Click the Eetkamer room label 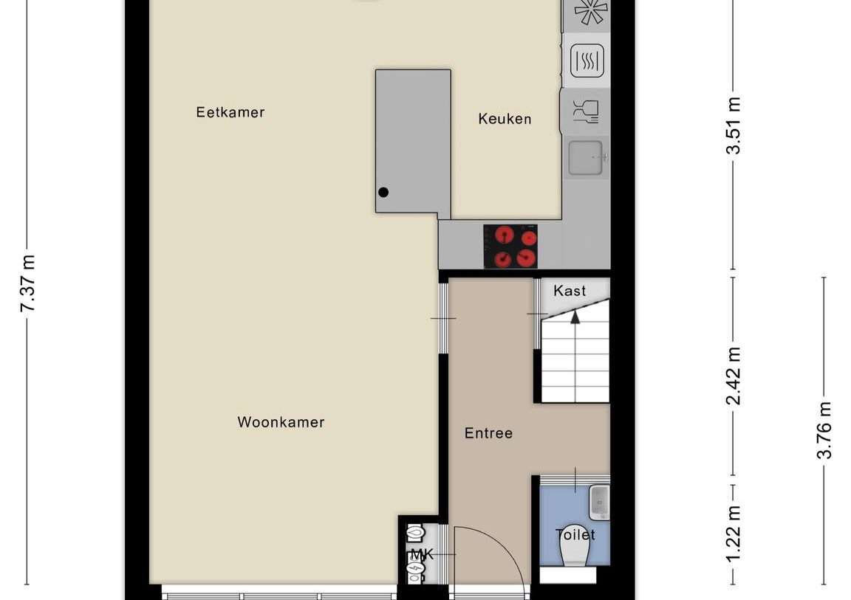tap(230, 112)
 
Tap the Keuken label tap(505, 118)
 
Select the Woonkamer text tap(281, 422)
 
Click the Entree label tap(488, 433)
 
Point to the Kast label tap(570, 291)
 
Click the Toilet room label tap(575, 534)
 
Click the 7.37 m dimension tap(28, 283)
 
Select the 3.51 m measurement tap(733, 125)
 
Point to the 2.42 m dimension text tap(733, 376)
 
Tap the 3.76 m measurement tap(824, 430)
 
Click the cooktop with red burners tap(510, 246)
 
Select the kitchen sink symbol tap(587, 158)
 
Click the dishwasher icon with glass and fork tap(587, 111)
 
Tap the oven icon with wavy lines tap(587, 61)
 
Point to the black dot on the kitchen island tap(383, 193)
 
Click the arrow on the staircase tap(575, 317)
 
